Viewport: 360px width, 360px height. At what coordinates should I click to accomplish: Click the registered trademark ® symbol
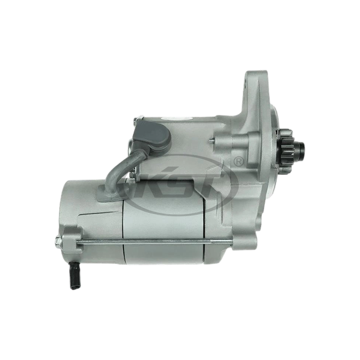(239, 161)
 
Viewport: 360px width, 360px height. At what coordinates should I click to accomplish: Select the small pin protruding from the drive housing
(211, 140)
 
